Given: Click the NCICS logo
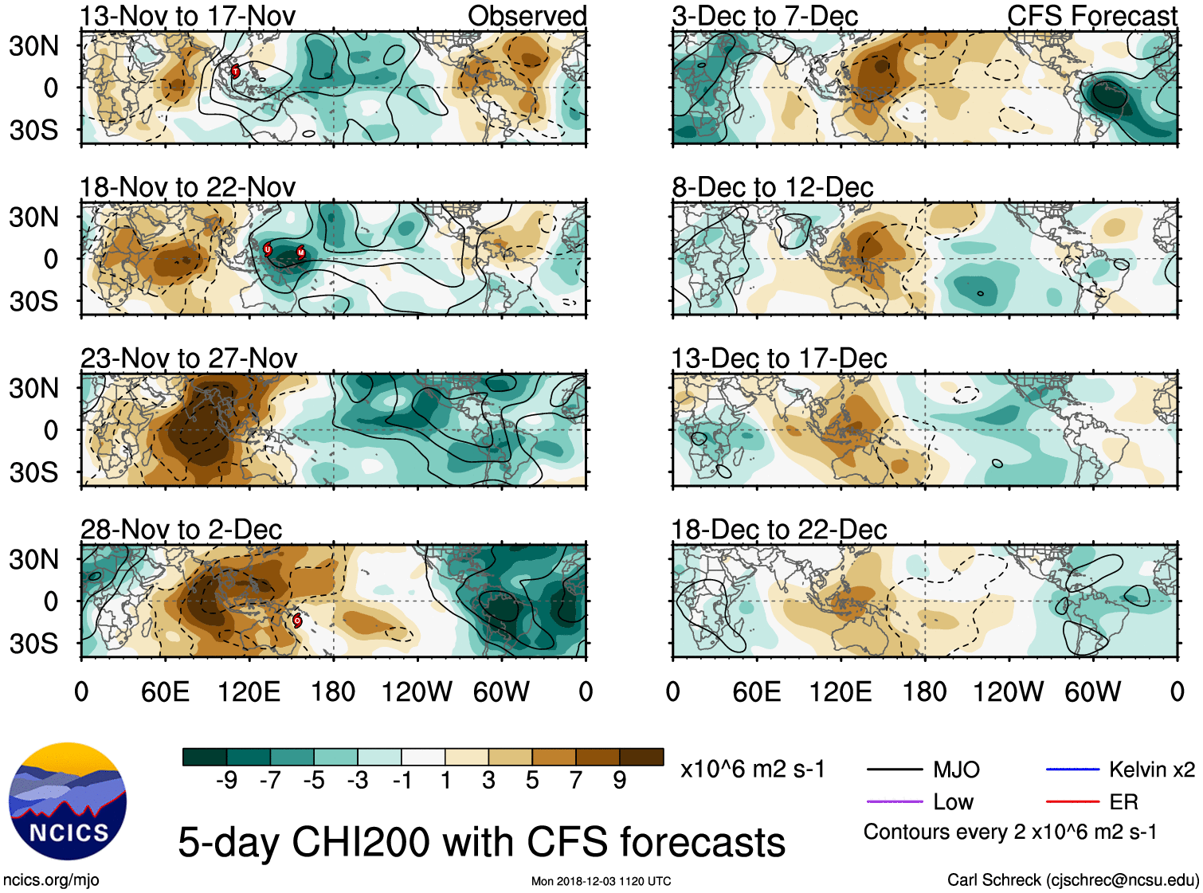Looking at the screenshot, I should click(x=68, y=801).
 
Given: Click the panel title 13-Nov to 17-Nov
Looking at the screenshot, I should click(x=187, y=16).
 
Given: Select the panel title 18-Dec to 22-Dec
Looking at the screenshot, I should click(x=778, y=530).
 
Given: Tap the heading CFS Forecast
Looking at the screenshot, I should click(x=1091, y=16).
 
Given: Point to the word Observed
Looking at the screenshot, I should click(x=527, y=16).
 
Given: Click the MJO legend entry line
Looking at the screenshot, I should click(x=895, y=770).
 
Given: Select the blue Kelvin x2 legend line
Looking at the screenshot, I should click(x=1072, y=770).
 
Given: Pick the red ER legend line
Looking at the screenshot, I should click(x=1072, y=801).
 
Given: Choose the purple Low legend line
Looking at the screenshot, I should click(x=895, y=801).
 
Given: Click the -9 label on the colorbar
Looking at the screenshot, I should click(x=226, y=781).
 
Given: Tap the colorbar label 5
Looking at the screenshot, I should click(x=532, y=781).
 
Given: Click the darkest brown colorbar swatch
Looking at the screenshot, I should click(x=641, y=757).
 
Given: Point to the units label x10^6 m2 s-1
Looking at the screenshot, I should click(x=752, y=770).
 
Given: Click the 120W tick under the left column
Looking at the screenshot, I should click(x=417, y=691).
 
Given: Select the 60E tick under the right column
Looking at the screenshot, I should click(x=756, y=691).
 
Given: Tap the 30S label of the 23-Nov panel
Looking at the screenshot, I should click(x=33, y=472).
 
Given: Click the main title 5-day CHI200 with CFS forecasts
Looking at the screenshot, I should click(x=481, y=842).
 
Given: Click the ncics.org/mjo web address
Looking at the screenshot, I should click(x=51, y=880).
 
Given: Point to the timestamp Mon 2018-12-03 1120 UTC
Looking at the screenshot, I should click(x=601, y=881).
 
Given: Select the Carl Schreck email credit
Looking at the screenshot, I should click(x=1072, y=880).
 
